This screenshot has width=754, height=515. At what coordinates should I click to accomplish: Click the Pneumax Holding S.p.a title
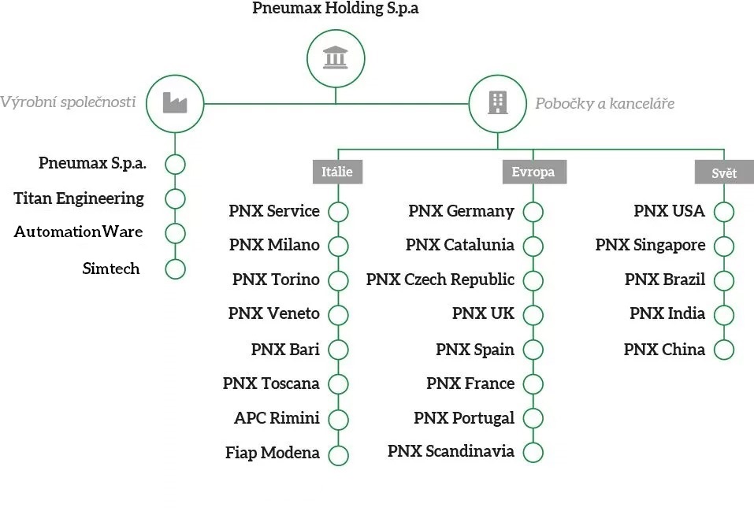point(336,9)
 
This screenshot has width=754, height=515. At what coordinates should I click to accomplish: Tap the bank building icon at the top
point(336,58)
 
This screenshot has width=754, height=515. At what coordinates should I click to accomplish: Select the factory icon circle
point(175,102)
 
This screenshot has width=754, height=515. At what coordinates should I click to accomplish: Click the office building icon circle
point(497,102)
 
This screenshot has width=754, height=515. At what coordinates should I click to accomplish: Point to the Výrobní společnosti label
point(68,102)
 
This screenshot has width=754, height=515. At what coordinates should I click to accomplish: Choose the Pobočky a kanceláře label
point(604,103)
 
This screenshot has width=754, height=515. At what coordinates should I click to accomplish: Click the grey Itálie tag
point(337,172)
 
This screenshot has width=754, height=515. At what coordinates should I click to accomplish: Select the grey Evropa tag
point(533,172)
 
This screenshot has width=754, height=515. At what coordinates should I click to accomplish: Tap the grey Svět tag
point(723,172)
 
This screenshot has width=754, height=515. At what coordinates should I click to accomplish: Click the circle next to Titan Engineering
point(175,199)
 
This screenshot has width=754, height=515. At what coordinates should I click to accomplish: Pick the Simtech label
point(111,269)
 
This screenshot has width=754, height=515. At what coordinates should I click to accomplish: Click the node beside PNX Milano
point(338,246)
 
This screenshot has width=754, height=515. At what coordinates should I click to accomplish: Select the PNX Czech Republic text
point(440,280)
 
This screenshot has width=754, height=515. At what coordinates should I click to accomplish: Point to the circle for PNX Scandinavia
point(533,452)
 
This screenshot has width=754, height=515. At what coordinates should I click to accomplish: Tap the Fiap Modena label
point(273,453)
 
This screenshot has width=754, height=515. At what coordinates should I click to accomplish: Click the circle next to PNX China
point(723,350)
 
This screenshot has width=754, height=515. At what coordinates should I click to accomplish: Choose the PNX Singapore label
point(650,245)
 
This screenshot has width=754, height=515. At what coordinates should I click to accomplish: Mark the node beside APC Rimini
point(338,418)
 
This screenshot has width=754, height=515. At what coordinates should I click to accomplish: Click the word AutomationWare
point(78,232)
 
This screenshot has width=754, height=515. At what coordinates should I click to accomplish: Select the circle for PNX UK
point(533,315)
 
